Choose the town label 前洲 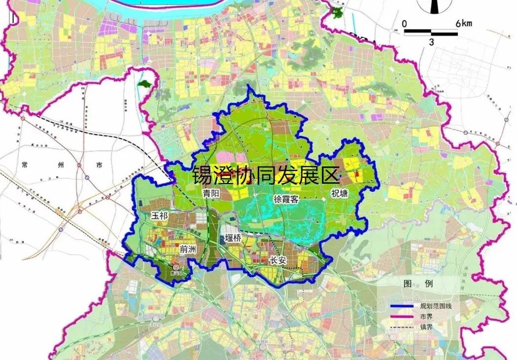(x=188, y=250)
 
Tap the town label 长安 (x=278, y=260)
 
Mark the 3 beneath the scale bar (x=431, y=42)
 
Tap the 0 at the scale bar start (x=404, y=23)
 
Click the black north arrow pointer (x=434, y=6)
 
